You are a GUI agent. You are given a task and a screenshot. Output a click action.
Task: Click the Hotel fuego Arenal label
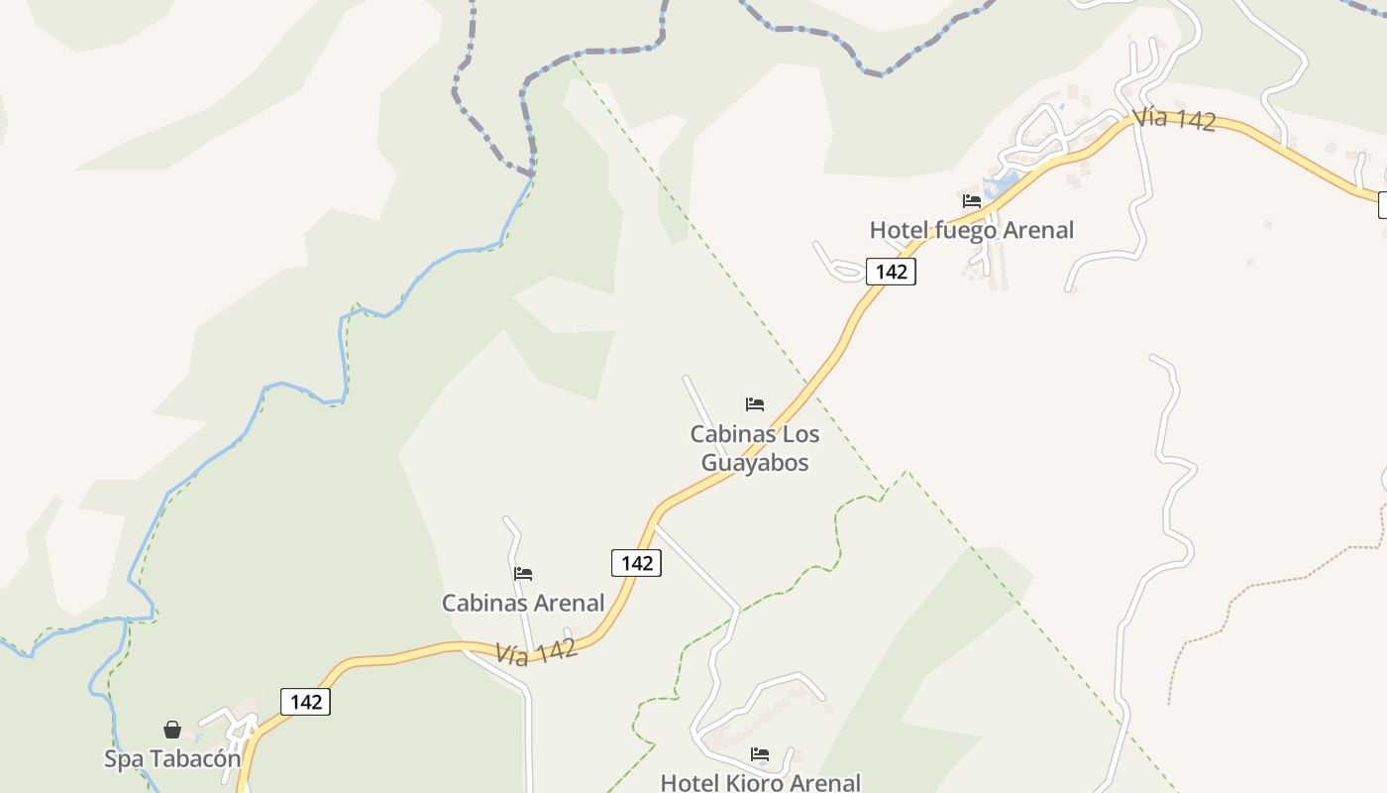[971, 230]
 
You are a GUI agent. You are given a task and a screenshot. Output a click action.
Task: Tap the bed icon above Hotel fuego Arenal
[971, 201]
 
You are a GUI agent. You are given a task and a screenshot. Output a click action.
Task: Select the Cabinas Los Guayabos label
[755, 448]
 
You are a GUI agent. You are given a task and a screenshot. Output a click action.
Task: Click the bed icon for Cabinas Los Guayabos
[755, 404]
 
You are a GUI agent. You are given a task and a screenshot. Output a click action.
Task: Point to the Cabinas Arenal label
[523, 603]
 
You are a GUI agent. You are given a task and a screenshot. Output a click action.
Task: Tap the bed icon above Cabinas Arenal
[523, 573]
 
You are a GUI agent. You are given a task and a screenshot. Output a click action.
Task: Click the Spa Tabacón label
[172, 759]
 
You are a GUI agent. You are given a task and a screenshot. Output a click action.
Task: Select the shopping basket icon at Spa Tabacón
[172, 730]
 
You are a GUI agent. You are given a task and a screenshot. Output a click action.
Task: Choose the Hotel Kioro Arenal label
[760, 783]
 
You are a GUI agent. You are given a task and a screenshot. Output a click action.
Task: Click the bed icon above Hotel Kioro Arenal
[760, 754]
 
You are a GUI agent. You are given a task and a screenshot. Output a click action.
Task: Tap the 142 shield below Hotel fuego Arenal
[891, 272]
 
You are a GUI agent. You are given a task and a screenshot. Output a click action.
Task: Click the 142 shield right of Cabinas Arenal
[636, 563]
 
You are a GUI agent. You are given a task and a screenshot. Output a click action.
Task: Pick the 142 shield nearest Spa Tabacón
[306, 702]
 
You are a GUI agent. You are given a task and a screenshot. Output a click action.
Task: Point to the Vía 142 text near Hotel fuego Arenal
[1174, 119]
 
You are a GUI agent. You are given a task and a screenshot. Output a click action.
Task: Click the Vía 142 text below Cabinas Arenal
[536, 651]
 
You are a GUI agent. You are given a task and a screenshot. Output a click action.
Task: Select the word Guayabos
[755, 463]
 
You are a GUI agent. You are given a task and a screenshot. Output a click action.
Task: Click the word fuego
[967, 230]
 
